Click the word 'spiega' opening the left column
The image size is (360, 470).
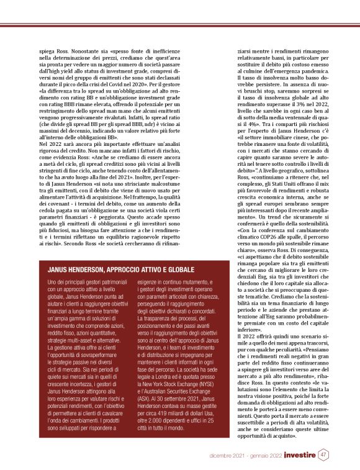click(x=48, y=47)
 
